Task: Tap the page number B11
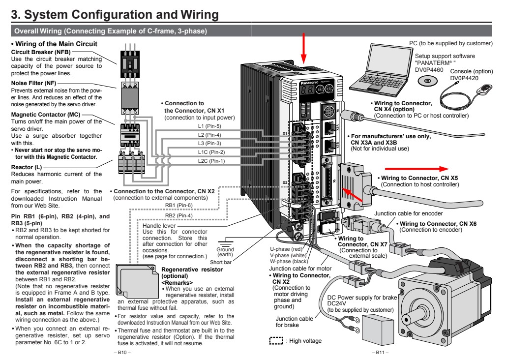382,352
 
